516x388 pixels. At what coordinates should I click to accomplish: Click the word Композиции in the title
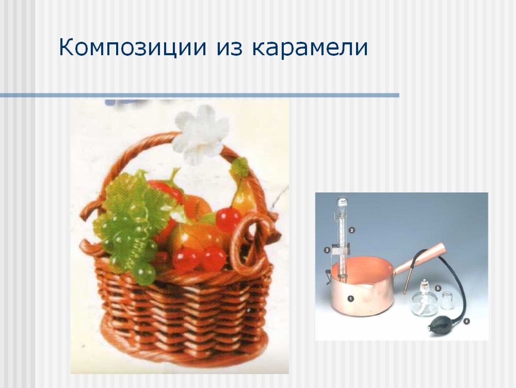(x=133, y=47)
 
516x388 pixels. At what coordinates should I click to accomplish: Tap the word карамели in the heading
(x=310, y=47)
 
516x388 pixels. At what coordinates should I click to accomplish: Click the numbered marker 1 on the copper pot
(x=350, y=299)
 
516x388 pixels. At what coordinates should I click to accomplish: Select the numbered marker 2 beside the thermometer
(x=351, y=230)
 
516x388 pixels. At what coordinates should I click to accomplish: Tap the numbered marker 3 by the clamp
(x=327, y=250)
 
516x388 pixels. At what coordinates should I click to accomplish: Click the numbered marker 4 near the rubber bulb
(x=466, y=321)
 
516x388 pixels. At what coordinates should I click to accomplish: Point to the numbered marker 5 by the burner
(x=438, y=288)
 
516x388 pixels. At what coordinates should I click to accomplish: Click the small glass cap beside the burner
(x=447, y=300)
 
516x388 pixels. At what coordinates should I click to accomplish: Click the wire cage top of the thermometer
(x=342, y=207)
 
